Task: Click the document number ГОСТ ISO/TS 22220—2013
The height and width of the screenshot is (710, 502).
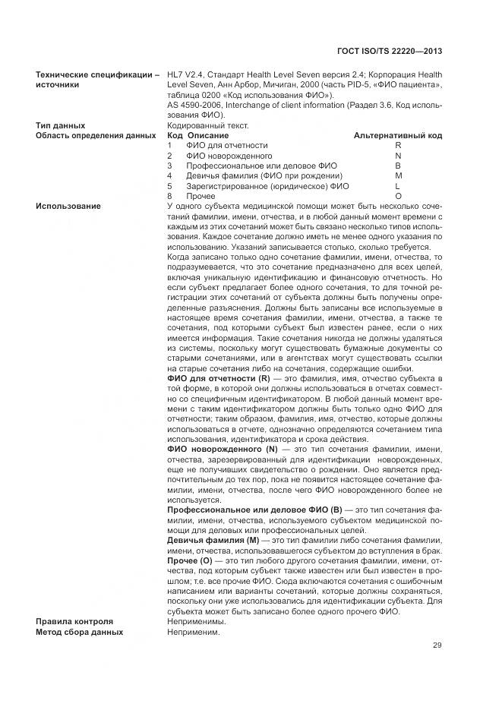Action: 389,51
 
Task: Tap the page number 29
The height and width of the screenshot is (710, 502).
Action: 437,646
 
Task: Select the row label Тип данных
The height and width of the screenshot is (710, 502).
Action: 60,125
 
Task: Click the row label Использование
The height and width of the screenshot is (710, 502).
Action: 68,206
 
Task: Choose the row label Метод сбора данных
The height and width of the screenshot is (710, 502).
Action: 79,631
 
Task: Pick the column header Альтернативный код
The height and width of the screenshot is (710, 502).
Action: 398,135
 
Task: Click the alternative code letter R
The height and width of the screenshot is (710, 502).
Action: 398,145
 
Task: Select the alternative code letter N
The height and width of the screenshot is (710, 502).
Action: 398,156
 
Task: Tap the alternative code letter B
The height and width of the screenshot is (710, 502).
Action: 398,166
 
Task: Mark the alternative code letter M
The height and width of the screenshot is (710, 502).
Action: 398,175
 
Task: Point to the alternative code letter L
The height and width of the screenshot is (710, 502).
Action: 398,186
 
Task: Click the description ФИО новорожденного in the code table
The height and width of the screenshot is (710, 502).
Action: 229,156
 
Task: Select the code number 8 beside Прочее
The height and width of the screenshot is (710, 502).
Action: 170,196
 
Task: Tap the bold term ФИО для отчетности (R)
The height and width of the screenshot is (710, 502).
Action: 219,377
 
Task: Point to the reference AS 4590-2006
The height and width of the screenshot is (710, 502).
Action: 194,105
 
